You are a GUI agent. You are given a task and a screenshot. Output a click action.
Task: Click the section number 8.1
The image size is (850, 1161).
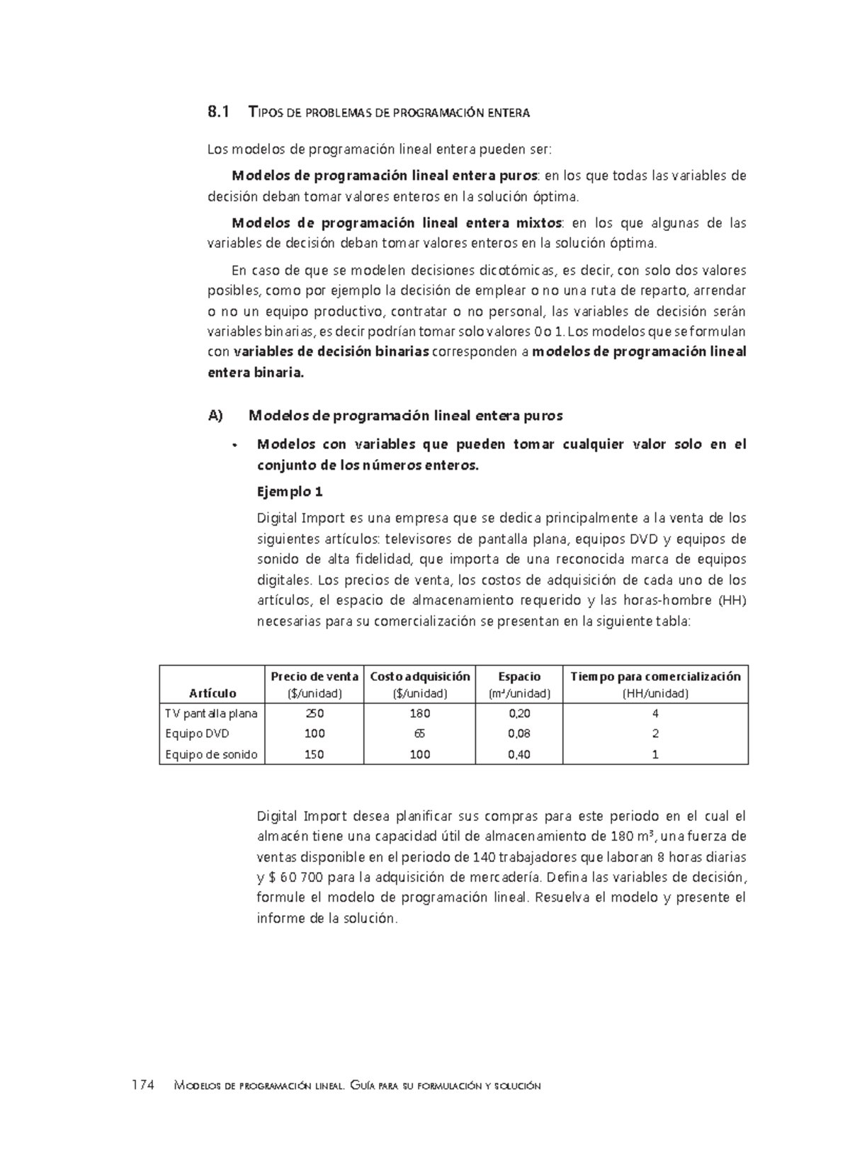(218, 112)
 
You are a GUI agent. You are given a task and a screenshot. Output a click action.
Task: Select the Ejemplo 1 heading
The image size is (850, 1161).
(289, 491)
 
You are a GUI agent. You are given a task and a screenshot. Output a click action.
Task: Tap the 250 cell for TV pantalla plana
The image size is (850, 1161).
(314, 713)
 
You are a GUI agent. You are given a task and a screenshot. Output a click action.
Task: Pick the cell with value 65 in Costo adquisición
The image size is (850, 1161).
(419, 734)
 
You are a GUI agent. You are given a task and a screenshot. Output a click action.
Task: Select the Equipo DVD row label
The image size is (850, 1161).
(197, 734)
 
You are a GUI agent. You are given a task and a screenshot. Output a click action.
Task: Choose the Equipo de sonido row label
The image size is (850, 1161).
(211, 754)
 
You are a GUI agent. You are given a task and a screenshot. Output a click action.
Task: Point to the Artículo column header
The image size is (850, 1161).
(212, 693)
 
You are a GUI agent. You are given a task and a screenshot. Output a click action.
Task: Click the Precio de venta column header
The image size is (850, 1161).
(314, 676)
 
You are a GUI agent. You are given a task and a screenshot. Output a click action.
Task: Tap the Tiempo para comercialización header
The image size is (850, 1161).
(655, 676)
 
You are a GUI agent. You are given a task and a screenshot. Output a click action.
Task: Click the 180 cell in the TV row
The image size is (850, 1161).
(419, 713)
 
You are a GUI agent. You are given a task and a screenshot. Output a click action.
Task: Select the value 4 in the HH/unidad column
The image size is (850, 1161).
(655, 713)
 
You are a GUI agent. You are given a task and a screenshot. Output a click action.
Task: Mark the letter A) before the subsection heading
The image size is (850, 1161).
(215, 416)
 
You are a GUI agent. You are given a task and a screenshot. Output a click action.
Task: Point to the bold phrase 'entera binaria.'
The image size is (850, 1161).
(255, 373)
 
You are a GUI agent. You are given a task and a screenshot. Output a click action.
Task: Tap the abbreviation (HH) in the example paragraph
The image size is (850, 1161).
(732, 601)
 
